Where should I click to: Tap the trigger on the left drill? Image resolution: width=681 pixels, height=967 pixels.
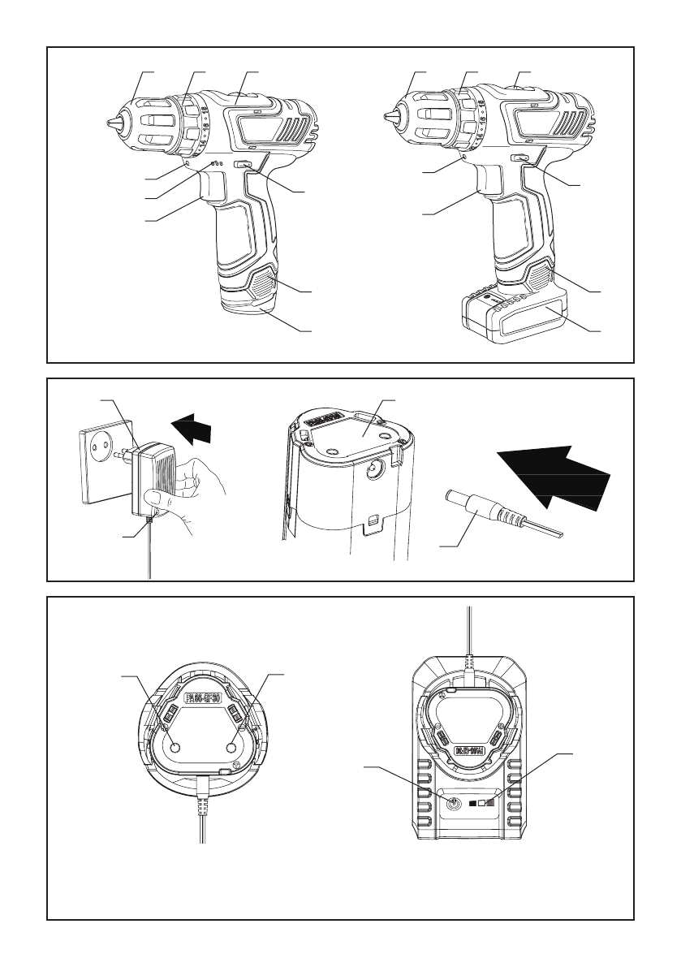pos(213,189)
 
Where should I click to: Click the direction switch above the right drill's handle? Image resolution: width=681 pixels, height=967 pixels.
pos(519,159)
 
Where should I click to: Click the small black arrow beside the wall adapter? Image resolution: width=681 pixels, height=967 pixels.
pos(197,427)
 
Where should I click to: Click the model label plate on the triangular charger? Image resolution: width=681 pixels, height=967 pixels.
pos(205,697)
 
